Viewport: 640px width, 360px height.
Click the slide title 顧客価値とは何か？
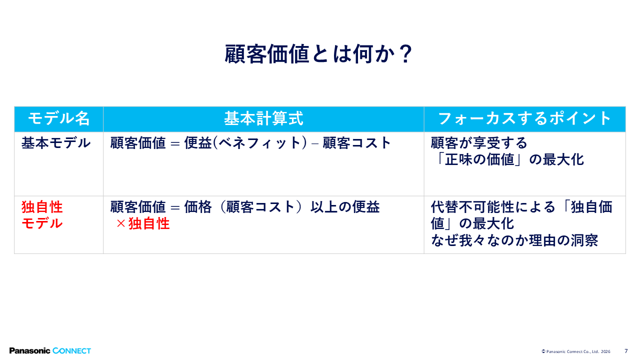pos(318,54)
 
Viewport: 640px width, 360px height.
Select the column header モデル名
pos(59,118)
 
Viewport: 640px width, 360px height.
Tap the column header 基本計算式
pos(263,118)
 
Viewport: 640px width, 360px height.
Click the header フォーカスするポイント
pos(524,118)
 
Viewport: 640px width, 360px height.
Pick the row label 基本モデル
pos(56,143)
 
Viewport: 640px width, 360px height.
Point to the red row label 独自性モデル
pos(42,215)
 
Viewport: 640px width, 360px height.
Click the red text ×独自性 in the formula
pos(143,223)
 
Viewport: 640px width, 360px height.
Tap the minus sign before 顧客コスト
pos(315,143)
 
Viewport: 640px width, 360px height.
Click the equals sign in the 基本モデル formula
pos(175,143)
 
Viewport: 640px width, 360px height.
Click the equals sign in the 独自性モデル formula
pos(175,207)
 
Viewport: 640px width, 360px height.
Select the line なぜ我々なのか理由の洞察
pos(514,240)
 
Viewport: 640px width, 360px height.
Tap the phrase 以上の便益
pos(345,207)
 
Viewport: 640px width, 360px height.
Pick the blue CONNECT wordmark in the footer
pos(71,351)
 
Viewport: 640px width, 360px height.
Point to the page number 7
pos(626,351)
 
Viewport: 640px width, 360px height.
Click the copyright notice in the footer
pos(575,351)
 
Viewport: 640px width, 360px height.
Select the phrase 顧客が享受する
pos(479,143)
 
